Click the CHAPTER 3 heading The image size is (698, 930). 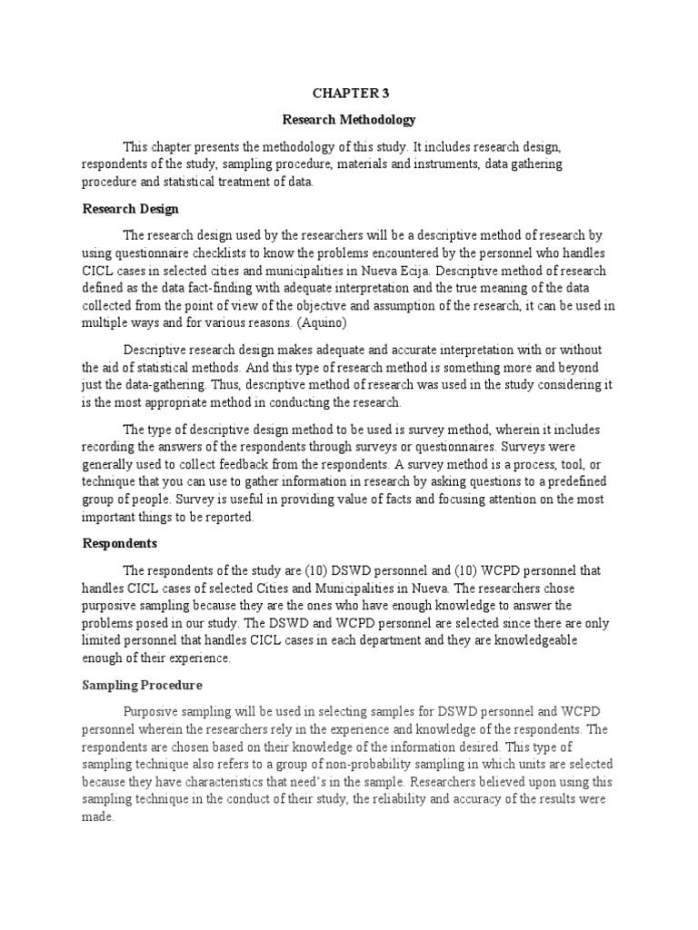[x=349, y=92]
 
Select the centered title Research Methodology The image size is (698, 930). [x=349, y=119]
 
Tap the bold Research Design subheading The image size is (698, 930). [x=130, y=209]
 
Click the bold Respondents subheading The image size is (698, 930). [x=120, y=543]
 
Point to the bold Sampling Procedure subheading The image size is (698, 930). [x=143, y=685]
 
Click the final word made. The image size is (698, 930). [x=97, y=816]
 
